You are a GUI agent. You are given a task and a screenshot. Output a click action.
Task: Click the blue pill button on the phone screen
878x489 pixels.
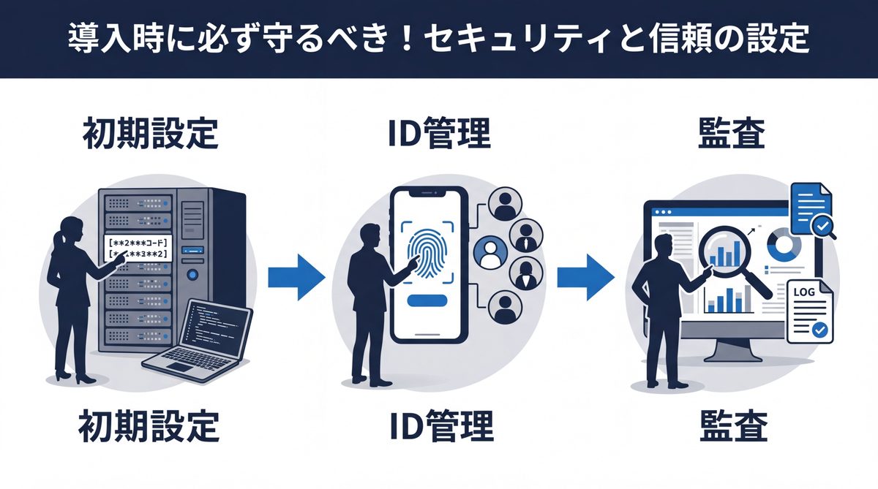429,300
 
